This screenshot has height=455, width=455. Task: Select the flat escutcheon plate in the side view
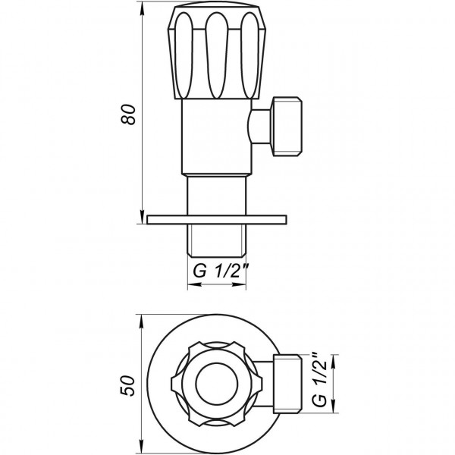[x=218, y=220]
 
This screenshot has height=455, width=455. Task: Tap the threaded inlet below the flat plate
[x=218, y=239]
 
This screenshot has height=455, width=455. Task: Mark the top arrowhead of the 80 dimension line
[x=142, y=8]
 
